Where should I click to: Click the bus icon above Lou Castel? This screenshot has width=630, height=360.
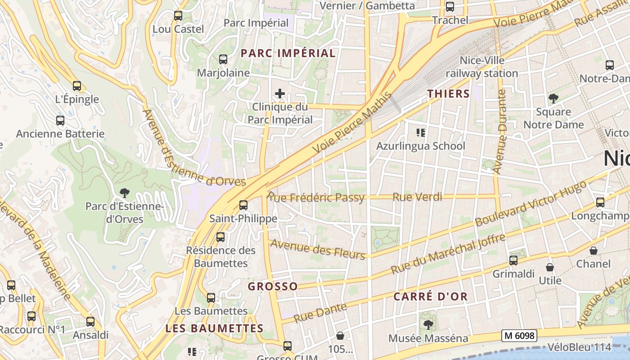pyautogui.click(x=178, y=16)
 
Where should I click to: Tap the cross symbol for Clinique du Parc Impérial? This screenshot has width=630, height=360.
pyautogui.click(x=280, y=94)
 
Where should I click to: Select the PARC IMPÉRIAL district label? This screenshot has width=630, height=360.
pyautogui.click(x=288, y=53)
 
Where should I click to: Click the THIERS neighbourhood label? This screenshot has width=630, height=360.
pyautogui.click(x=448, y=94)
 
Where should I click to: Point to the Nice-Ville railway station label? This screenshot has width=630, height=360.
pyautogui.click(x=481, y=67)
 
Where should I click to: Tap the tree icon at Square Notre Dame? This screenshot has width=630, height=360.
pyautogui.click(x=553, y=98)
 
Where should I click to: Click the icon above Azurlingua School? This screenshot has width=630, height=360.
pyautogui.click(x=421, y=133)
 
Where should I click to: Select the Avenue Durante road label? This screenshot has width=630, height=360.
pyautogui.click(x=500, y=131)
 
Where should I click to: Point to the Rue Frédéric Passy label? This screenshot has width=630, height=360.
pyautogui.click(x=316, y=198)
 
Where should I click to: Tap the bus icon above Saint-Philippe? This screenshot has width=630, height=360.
pyautogui.click(x=243, y=205)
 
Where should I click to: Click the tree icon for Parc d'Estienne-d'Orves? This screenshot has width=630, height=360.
pyautogui.click(x=125, y=193)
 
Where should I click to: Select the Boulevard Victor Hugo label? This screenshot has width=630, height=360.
pyautogui.click(x=531, y=204)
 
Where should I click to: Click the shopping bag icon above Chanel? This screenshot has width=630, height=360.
pyautogui.click(x=594, y=251)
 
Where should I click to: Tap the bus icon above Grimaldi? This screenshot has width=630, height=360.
pyautogui.click(x=513, y=260)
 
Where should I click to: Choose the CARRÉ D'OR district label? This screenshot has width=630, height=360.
pyautogui.click(x=431, y=297)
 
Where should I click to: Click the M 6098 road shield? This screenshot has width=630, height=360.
pyautogui.click(x=519, y=335)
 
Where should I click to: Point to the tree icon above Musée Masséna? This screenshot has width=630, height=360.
pyautogui.click(x=428, y=324)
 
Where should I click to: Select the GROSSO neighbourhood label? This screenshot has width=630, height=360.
pyautogui.click(x=273, y=286)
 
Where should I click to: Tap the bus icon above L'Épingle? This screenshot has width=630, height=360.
pyautogui.click(x=77, y=85)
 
